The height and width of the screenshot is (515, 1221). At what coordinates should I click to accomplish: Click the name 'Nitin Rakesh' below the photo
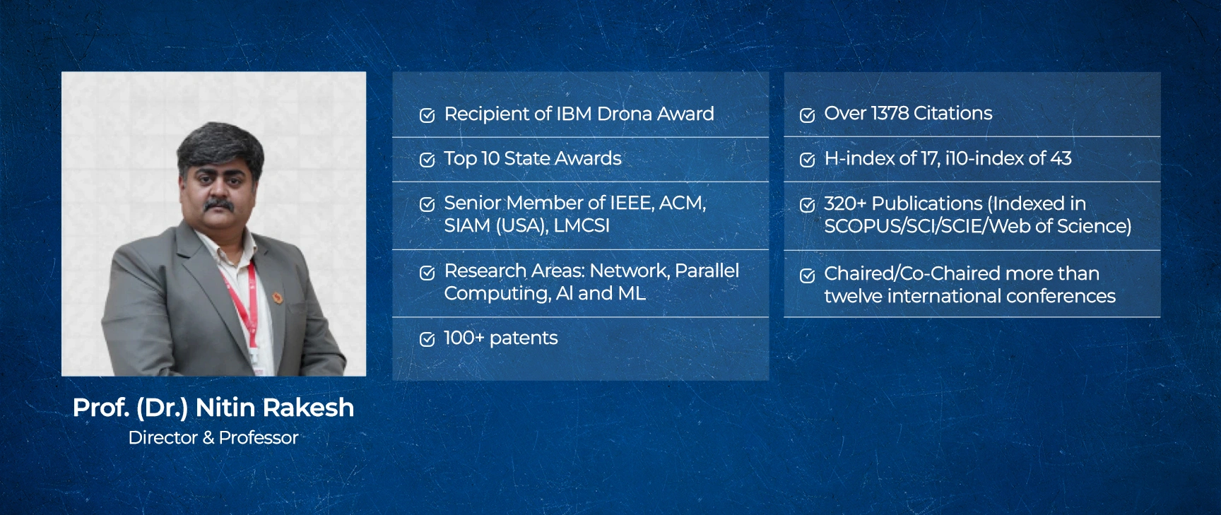point(275,408)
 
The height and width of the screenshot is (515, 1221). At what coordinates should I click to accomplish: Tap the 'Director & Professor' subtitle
point(213,438)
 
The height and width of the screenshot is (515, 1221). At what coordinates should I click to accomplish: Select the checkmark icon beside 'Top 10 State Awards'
point(427,160)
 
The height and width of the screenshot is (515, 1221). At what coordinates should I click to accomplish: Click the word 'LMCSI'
point(582,225)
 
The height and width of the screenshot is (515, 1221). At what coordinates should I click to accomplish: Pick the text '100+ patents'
point(501,338)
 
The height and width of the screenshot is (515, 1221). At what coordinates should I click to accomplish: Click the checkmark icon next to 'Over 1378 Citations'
point(807,115)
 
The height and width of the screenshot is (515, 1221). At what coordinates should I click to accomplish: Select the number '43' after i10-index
point(1061,158)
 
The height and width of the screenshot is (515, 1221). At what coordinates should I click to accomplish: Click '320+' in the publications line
point(845,203)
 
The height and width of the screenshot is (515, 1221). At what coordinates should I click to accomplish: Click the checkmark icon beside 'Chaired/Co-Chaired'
point(807,276)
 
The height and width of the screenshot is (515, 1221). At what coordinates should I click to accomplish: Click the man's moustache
point(219,205)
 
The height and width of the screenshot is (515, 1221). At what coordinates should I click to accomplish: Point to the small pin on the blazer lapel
point(278,297)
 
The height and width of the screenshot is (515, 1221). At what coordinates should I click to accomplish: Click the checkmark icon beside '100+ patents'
point(427,340)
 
